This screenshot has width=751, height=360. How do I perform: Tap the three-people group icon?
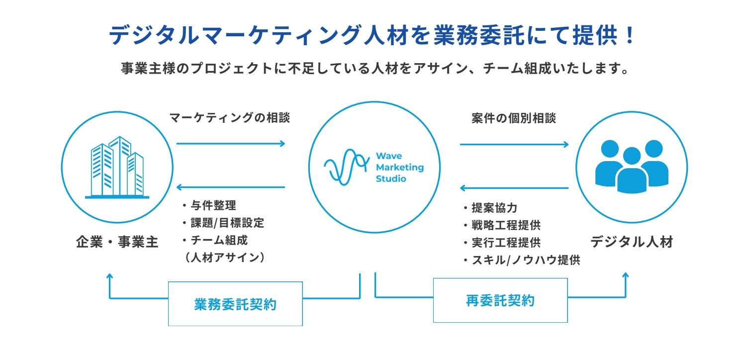(x=632, y=166)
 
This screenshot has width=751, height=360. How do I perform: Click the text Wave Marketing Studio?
(x=399, y=167)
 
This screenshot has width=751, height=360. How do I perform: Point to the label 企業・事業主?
(x=117, y=243)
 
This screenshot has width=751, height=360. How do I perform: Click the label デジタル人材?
(x=632, y=242)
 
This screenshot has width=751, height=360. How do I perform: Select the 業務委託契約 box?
(x=235, y=304)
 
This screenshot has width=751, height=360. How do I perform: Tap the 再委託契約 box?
(x=500, y=300)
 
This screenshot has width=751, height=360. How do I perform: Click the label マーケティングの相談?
(x=229, y=118)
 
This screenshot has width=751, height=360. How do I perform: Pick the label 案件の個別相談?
(x=514, y=118)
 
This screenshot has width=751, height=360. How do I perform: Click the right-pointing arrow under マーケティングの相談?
(x=231, y=144)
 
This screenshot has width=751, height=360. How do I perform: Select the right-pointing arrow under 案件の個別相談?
(x=514, y=144)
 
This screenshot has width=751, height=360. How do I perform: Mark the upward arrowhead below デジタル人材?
(x=626, y=275)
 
